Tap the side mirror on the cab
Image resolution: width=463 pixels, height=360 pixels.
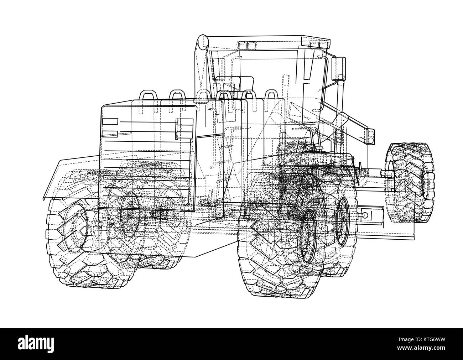338,68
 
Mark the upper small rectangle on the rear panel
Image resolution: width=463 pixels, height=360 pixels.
110,121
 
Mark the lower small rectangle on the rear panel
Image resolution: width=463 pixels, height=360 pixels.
110,134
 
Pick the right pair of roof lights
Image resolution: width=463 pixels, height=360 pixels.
319,45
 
